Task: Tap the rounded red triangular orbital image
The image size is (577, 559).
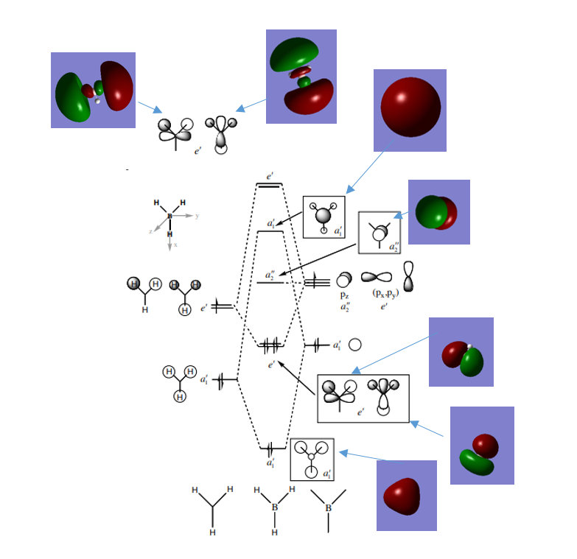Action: pos(406,495)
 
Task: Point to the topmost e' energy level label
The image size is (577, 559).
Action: pos(270,177)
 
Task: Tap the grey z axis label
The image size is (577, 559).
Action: pos(151,231)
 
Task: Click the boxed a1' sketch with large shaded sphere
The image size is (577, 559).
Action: pos(324,217)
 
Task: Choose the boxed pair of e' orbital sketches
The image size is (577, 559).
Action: pos(363,398)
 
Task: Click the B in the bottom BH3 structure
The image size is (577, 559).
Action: pos(275,507)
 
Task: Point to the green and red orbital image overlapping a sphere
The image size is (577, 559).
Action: pos(438,212)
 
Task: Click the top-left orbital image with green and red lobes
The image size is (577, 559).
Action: pos(93,90)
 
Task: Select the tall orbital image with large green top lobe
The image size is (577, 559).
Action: pos(301,76)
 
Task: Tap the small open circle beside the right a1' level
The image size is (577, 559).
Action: pos(355,344)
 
